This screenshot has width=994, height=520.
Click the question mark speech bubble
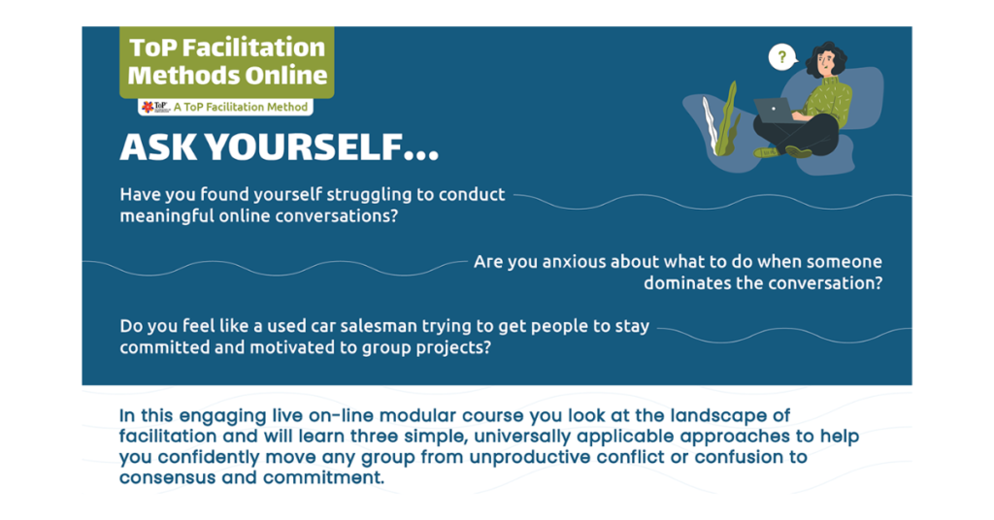[782, 57]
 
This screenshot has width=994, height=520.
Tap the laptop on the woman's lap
[774, 111]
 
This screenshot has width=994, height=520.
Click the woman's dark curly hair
[827, 58]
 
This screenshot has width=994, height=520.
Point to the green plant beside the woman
[722, 119]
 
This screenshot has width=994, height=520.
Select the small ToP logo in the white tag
[155, 107]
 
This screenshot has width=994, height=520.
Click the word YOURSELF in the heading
[321, 148]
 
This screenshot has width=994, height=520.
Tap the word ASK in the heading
[158, 148]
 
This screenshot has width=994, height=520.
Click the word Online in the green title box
[286, 76]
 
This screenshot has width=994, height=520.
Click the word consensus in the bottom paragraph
[167, 477]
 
